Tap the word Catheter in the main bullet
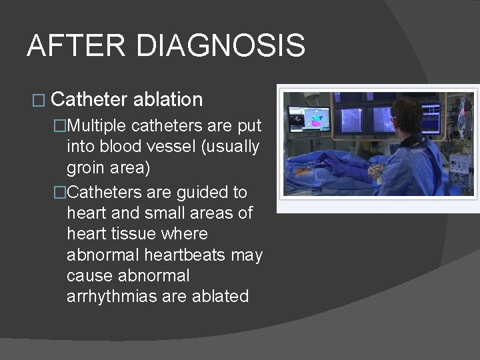(89, 100)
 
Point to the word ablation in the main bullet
(168, 100)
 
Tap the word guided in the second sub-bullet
(197, 192)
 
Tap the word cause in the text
(87, 276)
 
